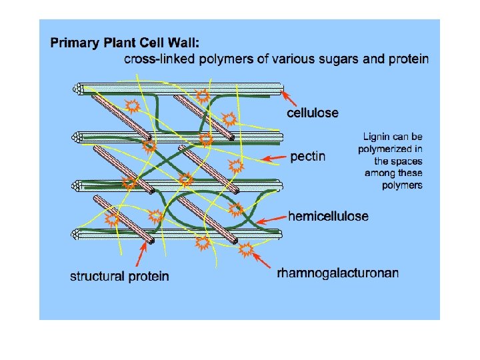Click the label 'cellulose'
pyautogui.click(x=312, y=113)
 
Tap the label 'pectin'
pyautogui.click(x=307, y=157)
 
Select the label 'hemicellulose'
pyautogui.click(x=327, y=216)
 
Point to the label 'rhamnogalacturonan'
pyautogui.click(x=338, y=273)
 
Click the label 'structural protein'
pyautogui.click(x=119, y=276)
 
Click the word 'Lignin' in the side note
pyautogui.click(x=377, y=137)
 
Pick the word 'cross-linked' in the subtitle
pyautogui.click(x=158, y=59)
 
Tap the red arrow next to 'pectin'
pyautogui.click(x=273, y=159)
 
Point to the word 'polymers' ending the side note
pyautogui.click(x=402, y=185)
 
